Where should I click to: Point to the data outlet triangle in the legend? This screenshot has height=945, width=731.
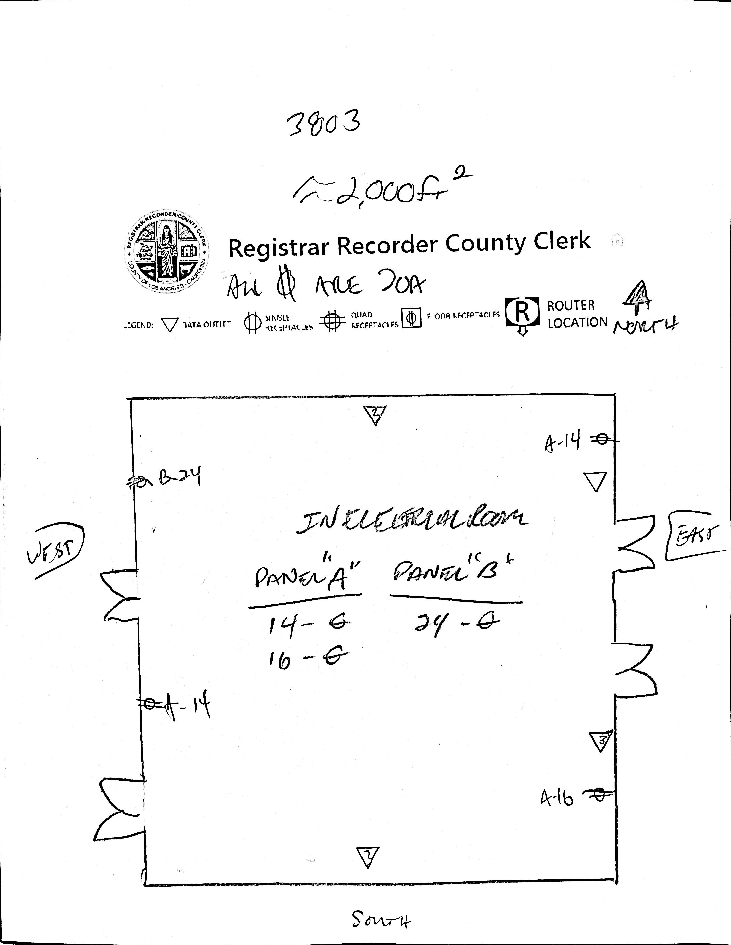coord(169,325)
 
